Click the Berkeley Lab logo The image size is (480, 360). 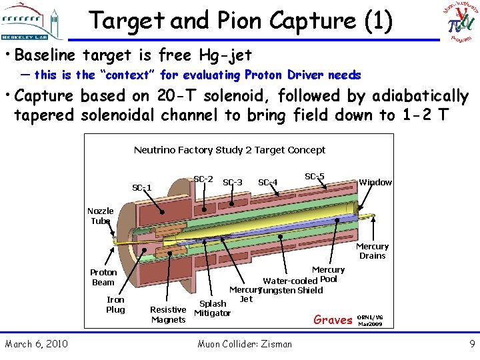(33, 21)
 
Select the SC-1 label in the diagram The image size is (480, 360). (142, 187)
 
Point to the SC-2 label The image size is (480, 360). (203, 179)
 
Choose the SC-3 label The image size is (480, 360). (232, 182)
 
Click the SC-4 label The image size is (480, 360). (267, 182)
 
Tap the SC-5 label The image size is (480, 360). (315, 177)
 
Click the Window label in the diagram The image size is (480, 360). (375, 182)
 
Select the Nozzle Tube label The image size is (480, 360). (101, 215)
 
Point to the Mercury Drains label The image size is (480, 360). (372, 251)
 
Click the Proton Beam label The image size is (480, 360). (103, 277)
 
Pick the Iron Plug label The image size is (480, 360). (115, 305)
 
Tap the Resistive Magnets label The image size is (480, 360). (168, 314)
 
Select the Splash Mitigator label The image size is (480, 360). (213, 308)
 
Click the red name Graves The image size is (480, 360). (333, 320)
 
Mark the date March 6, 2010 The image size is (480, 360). (36, 344)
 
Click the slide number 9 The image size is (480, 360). (471, 344)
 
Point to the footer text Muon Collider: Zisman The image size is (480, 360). (245, 344)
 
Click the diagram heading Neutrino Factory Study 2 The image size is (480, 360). (229, 150)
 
